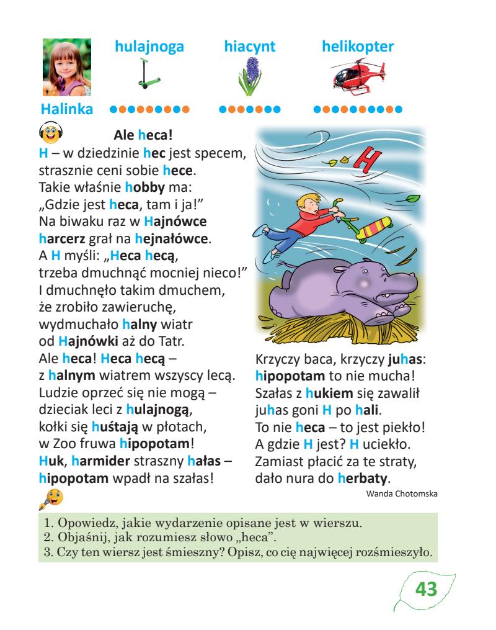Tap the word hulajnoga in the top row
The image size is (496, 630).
point(150,46)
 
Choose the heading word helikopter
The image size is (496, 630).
point(358,46)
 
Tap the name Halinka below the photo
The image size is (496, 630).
point(66,110)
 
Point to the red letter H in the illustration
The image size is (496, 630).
point(369,160)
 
